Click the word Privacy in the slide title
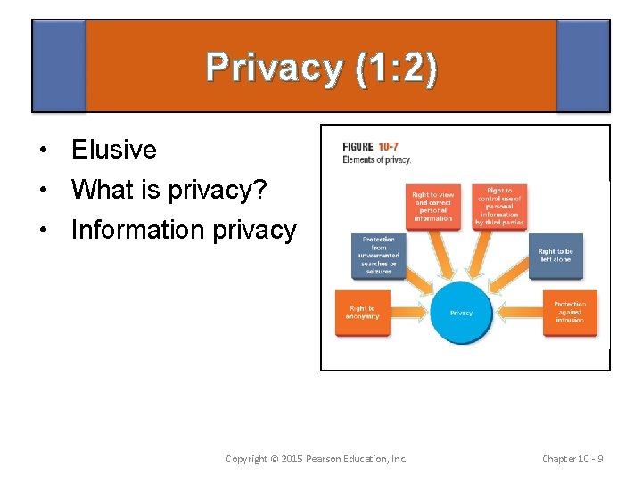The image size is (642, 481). tap(273, 69)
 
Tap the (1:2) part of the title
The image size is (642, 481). tap(394, 69)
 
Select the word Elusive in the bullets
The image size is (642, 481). tap(114, 150)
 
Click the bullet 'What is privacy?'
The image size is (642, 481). tap(169, 190)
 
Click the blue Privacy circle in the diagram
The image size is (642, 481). tap(461, 313)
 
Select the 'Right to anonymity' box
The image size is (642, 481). tap(362, 313)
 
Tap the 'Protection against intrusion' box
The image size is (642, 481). tap(570, 313)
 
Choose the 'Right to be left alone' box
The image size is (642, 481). tap(556, 256)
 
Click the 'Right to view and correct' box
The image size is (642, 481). tap(433, 207)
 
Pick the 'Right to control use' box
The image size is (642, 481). tap(499, 207)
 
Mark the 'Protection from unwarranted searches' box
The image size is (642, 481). tap(379, 256)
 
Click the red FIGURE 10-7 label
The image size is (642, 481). tap(371, 147)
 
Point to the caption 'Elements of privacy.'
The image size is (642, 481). tap(377, 159)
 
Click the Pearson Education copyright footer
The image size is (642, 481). tap(316, 459)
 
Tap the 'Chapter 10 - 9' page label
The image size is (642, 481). tap(572, 459)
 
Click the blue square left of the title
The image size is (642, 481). tap(59, 66)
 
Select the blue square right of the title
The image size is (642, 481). tap(582, 66)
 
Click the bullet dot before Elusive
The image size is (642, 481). tap(42, 151)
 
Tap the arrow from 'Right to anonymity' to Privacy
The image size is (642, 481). tap(413, 313)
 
